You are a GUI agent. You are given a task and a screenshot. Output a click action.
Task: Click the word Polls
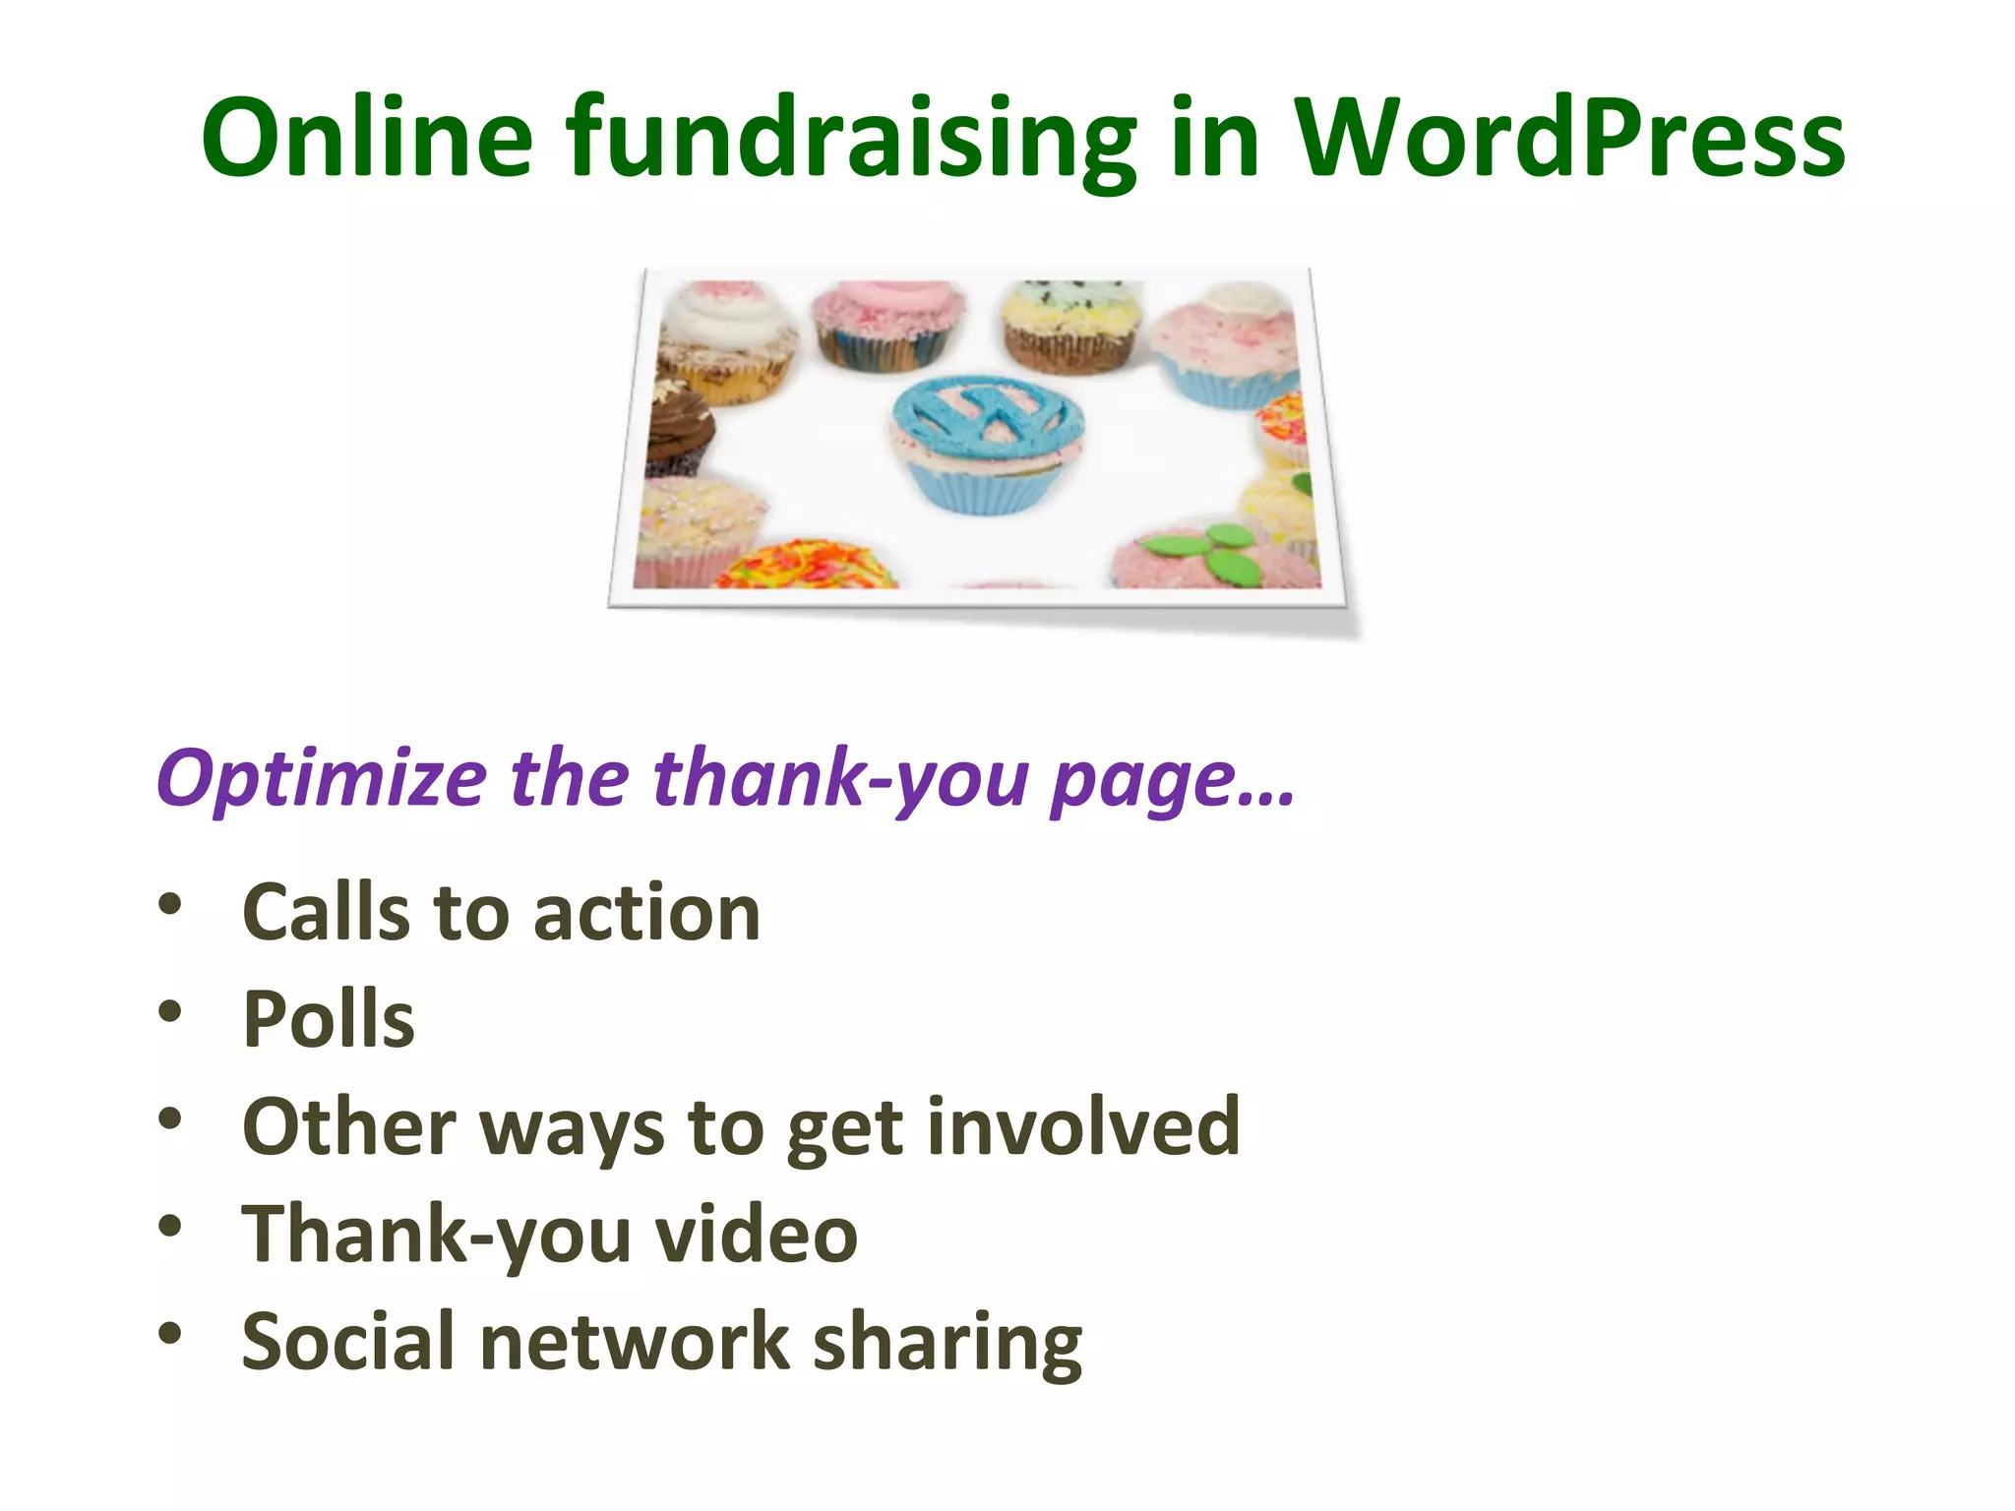(329, 1019)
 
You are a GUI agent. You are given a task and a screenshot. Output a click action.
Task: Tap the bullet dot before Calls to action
(170, 904)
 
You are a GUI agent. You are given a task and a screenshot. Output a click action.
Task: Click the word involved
(1083, 1126)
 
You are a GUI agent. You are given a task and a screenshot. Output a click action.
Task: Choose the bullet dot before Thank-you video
(170, 1226)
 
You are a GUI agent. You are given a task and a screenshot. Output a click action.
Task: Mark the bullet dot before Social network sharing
(170, 1333)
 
